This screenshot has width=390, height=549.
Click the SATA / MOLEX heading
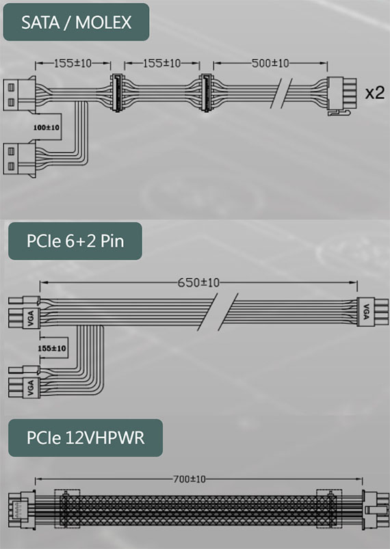(76, 22)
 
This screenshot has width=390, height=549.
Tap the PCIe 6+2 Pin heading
(75, 241)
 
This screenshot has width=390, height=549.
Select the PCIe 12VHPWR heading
(86, 438)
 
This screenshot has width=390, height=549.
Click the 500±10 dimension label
(270, 63)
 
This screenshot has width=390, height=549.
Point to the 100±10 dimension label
(47, 127)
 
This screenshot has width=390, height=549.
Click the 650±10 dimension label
(198, 282)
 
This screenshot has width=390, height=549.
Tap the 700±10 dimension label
(190, 479)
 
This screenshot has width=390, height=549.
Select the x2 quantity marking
(374, 92)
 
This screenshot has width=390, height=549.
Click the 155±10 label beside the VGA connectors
(51, 349)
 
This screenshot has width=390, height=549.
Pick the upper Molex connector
(20, 94)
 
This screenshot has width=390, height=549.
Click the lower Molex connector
(20, 159)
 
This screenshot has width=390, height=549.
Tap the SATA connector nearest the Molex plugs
(116, 92)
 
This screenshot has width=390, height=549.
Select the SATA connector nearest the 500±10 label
(206, 92)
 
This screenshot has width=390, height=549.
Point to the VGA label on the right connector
(366, 312)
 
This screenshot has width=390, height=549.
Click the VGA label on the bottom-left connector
(31, 388)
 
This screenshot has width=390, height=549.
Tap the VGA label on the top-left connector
(31, 318)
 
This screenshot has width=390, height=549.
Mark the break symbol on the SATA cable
(281, 92)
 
